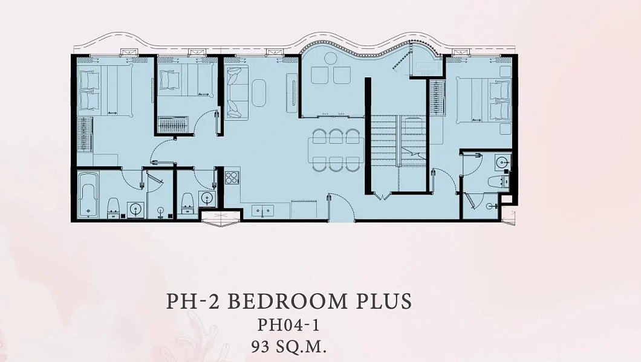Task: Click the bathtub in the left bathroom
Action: point(88,195)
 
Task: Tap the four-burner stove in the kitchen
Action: point(232,177)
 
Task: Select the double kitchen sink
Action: point(262,210)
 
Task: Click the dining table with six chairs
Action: point(336,149)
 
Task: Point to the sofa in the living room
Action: point(236,92)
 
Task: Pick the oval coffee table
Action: point(259,92)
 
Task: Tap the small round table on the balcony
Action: point(330,58)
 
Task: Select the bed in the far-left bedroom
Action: point(105,90)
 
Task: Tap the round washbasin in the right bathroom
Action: point(502,163)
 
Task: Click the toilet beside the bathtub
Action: point(113,207)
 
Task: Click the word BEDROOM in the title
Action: point(286,301)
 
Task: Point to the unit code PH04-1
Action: point(288,325)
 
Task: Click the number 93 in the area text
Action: point(261,347)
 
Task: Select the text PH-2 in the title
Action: point(193,301)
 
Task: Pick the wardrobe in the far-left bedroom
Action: point(85,134)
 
